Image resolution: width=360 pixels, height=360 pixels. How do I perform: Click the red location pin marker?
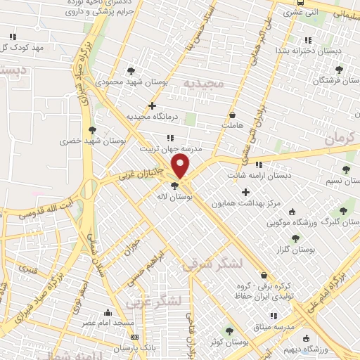click(181, 167)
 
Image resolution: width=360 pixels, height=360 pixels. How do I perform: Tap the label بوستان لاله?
click(176, 198)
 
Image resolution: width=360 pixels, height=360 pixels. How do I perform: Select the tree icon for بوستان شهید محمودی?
click(131, 71)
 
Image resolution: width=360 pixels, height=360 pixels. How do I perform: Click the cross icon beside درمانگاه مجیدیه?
click(152, 105)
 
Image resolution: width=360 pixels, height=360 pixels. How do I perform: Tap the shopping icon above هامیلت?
click(233, 115)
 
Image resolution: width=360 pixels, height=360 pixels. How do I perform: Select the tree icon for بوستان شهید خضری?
click(92, 129)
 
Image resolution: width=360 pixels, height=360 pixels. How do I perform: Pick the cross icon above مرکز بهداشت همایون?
click(245, 192)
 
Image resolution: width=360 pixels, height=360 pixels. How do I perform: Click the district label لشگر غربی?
click(154, 302)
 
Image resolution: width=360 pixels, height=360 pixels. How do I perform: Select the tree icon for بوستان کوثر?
click(229, 330)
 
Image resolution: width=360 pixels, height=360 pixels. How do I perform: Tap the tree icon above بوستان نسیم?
click(345, 169)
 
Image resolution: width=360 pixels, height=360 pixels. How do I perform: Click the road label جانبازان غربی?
click(140, 173)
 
